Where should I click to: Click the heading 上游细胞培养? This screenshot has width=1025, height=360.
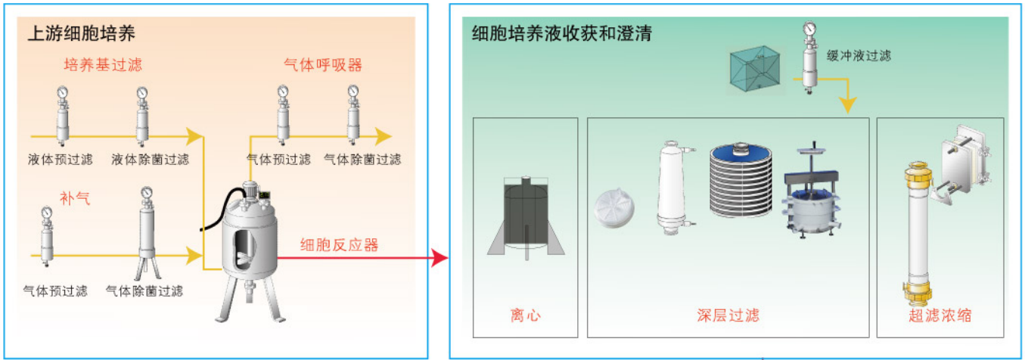[x=82, y=33]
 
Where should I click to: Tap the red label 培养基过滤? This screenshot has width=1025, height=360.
[x=103, y=65]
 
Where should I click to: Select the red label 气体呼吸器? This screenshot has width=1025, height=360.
[x=323, y=65]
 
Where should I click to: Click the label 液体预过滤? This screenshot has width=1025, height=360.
[x=61, y=159]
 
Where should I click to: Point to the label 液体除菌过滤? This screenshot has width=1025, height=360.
[x=151, y=159]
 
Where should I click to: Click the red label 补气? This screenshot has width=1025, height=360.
[x=75, y=198]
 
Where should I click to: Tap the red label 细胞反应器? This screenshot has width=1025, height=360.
[x=340, y=245]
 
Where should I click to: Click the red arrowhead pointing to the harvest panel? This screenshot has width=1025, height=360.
[x=440, y=258]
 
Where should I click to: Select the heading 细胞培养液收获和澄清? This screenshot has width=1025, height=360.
[x=561, y=33]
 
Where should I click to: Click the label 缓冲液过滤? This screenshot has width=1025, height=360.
[x=859, y=56]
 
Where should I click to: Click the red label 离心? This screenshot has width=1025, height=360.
[x=526, y=315]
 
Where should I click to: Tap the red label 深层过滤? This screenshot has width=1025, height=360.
[x=728, y=315]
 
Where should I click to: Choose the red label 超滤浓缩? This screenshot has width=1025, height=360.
[x=940, y=315]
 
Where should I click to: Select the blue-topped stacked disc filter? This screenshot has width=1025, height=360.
[x=741, y=180]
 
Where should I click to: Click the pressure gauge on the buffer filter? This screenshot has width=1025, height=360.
[x=809, y=29]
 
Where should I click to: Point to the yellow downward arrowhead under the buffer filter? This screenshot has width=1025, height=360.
[x=848, y=105]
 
